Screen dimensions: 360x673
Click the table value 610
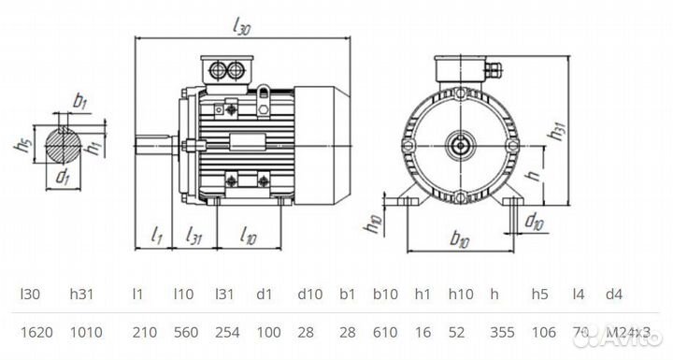(385, 333)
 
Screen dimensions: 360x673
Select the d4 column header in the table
(613, 294)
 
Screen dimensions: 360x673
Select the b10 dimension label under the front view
(459, 240)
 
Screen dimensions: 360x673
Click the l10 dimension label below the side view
(248, 236)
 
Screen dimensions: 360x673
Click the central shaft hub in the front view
(460, 144)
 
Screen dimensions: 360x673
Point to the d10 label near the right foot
(534, 222)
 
